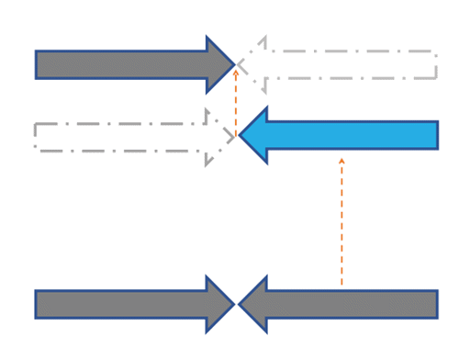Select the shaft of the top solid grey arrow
[x=119, y=64]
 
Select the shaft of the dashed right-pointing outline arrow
[x=119, y=136]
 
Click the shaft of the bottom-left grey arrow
[x=119, y=304]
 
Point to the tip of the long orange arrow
[x=341, y=158]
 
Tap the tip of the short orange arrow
[x=236, y=70]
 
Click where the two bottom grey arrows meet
[x=237, y=304]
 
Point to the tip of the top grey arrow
[x=234, y=64]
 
